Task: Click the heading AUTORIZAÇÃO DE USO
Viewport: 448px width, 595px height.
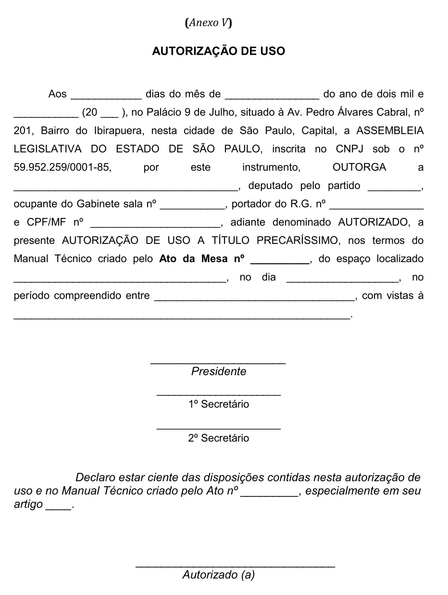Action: pos(218,51)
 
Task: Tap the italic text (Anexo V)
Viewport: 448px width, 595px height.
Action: pos(208,23)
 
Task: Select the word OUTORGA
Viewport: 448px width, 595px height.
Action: pos(359,167)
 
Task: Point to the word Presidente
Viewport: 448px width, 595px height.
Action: pos(219,371)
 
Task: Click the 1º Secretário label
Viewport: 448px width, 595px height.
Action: pos(219,404)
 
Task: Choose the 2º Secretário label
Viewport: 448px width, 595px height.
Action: pos(219,438)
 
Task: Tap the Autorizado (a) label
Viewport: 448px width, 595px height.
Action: pos(219,574)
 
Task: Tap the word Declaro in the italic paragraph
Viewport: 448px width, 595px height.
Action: pos(96,478)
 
